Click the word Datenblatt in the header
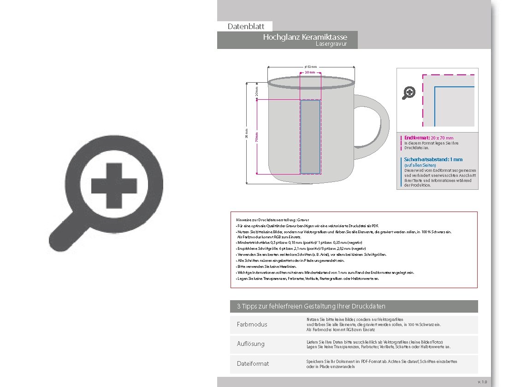pos(246,27)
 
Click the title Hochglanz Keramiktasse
pos(305,37)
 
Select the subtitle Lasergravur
pos(331,44)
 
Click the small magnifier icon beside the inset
pos(408,93)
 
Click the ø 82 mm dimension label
pos(311,67)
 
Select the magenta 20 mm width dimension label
pos(310,73)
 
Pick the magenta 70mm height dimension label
pos(257,137)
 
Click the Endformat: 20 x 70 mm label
pos(428,138)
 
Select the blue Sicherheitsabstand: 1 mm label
pos(433,159)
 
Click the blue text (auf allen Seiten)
pos(420,165)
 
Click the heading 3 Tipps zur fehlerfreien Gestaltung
pos(308,306)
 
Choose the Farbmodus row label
pos(252,325)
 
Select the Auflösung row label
pos(251,344)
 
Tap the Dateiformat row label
pos(253,363)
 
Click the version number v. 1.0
pos(482,382)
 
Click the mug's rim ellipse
pos(311,84)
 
